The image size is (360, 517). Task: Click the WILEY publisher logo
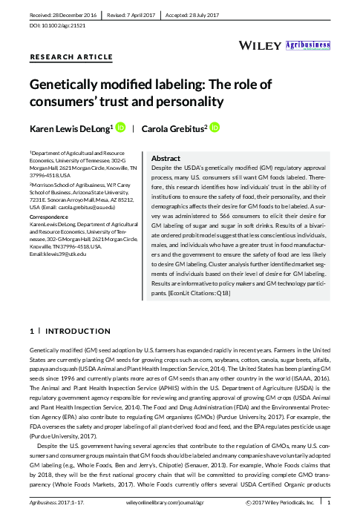pyautogui.click(x=260, y=45)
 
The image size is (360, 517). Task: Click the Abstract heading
pyautogui.click(x=166, y=159)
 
